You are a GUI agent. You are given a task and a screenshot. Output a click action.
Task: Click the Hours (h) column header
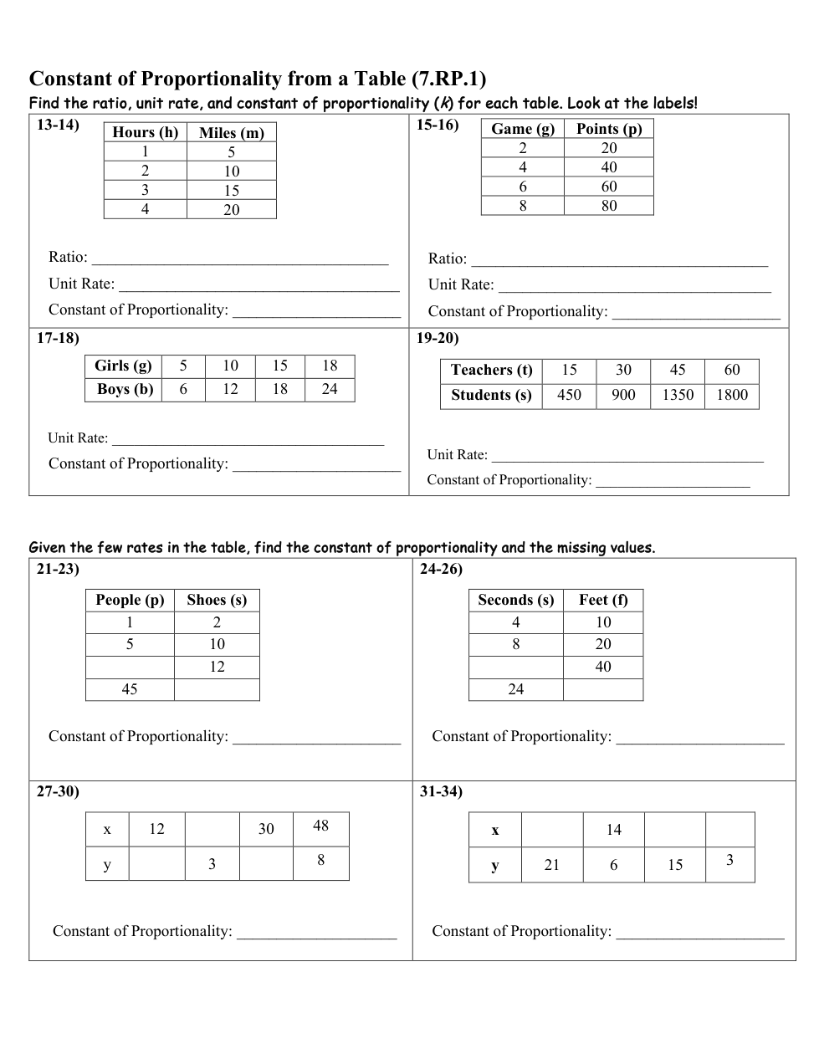(x=145, y=132)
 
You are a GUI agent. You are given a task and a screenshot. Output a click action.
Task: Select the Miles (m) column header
(x=231, y=132)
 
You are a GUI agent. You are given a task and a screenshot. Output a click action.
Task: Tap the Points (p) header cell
(x=608, y=128)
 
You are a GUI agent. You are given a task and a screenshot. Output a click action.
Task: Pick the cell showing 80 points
(x=608, y=206)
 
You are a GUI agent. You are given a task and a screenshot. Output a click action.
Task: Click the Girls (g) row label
(x=123, y=366)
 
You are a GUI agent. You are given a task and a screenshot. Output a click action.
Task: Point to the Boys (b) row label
(x=125, y=390)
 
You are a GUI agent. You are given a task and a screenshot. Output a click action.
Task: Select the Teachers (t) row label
(x=491, y=370)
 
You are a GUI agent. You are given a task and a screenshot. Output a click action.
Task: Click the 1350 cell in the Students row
(x=677, y=395)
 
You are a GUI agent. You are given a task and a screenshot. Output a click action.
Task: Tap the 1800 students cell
(x=731, y=395)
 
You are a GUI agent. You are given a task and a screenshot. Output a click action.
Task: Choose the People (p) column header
(x=130, y=600)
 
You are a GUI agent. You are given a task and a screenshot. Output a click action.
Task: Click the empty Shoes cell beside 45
(x=217, y=689)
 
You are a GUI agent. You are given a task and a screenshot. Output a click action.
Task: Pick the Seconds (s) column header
(x=515, y=600)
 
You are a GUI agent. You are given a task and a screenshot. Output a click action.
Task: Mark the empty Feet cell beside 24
(x=602, y=689)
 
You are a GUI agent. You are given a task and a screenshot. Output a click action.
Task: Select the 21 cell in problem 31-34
(x=551, y=865)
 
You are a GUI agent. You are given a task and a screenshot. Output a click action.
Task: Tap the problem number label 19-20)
(x=438, y=339)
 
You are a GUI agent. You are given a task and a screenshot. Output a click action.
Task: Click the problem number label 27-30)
(x=58, y=791)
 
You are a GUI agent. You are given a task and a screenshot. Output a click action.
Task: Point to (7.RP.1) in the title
(x=448, y=79)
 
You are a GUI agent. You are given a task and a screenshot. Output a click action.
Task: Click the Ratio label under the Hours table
(x=68, y=257)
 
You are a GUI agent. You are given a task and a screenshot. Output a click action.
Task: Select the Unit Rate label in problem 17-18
(x=78, y=438)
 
